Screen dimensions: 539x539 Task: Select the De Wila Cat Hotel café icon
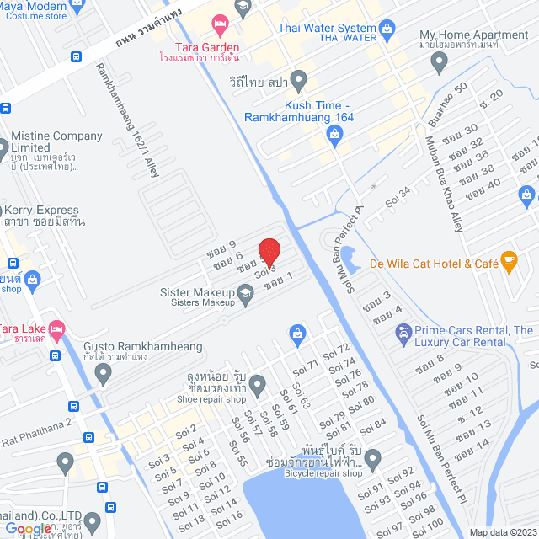click(508, 261)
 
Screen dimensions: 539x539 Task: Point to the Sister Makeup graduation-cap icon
click(245, 293)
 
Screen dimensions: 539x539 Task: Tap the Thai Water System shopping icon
click(387, 31)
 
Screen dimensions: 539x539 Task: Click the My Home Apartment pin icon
click(438, 61)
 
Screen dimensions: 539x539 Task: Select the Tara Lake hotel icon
click(56, 329)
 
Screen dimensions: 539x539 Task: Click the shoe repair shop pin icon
click(258, 386)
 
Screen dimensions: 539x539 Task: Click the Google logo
click(28, 529)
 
